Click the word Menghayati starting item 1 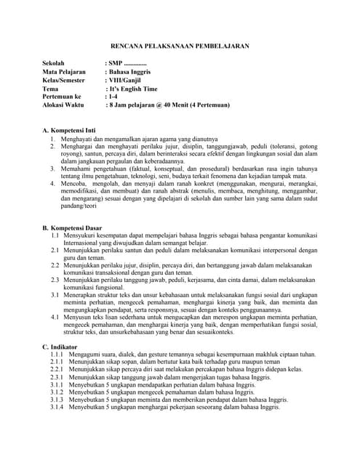tap(79, 137)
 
